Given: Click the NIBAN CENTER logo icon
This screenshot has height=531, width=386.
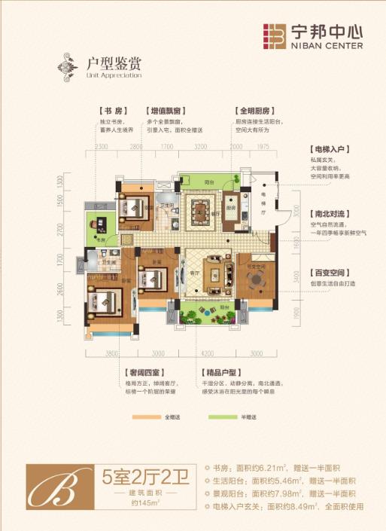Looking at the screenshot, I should tap(275, 36).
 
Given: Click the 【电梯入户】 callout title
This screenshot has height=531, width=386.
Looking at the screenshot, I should tap(329, 150).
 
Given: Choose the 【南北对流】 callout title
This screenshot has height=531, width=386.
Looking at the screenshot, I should tap(329, 212).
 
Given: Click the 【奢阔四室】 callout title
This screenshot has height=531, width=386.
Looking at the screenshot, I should tap(142, 372).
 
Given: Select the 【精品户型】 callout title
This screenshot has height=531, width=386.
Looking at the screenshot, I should tap(220, 372).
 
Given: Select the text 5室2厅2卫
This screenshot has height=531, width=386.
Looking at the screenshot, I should tap(146, 476).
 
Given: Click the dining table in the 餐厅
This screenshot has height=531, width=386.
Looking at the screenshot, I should tap(201, 205).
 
